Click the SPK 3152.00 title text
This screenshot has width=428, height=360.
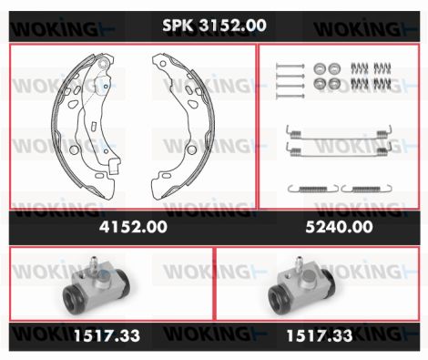[214, 26]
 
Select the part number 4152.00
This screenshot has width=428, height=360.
[133, 227]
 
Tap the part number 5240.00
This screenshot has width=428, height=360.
[339, 227]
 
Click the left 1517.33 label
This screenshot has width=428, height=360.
[107, 335]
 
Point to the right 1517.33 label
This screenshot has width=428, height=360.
[320, 335]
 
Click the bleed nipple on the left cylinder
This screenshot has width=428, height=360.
[94, 263]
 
